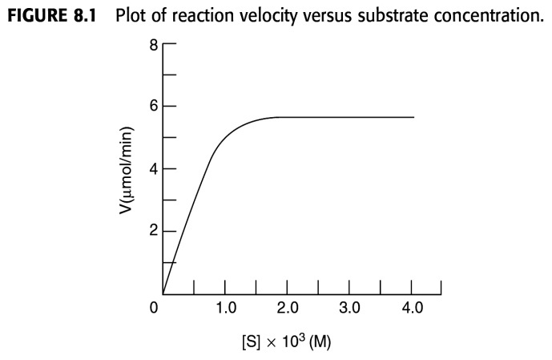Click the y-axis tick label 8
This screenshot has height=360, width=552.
(152, 44)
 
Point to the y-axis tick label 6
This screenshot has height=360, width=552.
(152, 106)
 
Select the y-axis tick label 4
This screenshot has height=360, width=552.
(152, 168)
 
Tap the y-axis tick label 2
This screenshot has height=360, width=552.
(152, 232)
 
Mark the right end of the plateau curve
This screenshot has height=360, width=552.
(414, 117)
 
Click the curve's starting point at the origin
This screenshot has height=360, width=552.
(163, 294)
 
